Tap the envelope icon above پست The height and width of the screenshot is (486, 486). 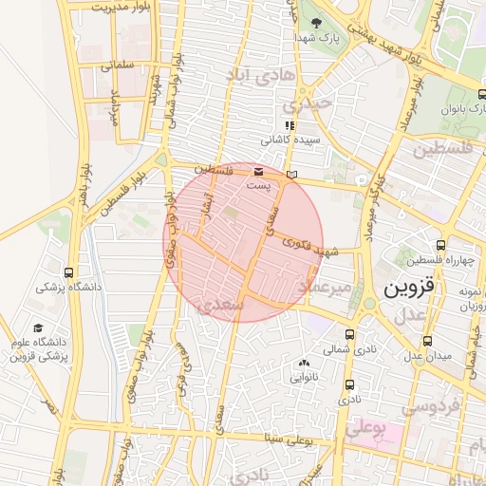pyautogui.click(x=259, y=171)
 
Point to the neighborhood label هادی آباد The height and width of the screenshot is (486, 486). pyautogui.click(x=262, y=73)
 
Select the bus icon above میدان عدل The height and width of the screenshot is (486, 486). pyautogui.click(x=427, y=340)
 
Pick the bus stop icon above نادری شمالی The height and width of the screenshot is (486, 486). pyautogui.click(x=350, y=334)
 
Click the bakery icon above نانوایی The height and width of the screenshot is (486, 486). pyautogui.click(x=304, y=363)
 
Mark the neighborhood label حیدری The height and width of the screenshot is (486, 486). pyautogui.click(x=311, y=103)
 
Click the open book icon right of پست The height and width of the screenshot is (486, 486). pyautogui.click(x=290, y=174)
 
